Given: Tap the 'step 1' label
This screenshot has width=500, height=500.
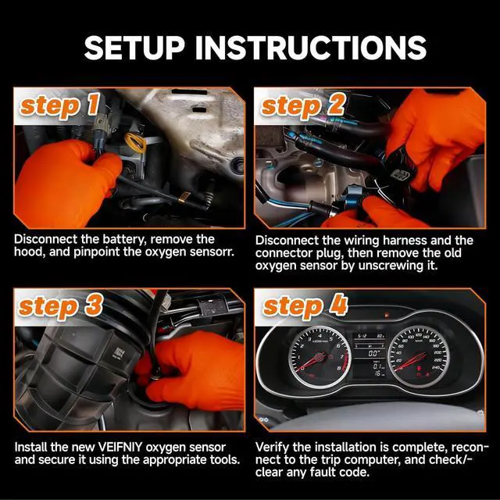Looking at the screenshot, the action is [x=59, y=106].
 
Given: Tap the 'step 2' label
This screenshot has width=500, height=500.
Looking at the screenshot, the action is [x=302, y=106].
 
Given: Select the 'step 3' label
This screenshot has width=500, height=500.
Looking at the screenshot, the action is [x=61, y=306].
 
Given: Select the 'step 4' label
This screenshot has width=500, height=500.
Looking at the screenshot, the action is [x=305, y=306].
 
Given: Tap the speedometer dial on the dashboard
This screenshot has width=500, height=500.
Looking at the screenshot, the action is [x=419, y=357].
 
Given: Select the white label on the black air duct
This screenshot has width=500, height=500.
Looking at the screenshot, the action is [x=118, y=354].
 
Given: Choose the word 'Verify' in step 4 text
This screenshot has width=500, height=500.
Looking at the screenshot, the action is [x=272, y=448].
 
